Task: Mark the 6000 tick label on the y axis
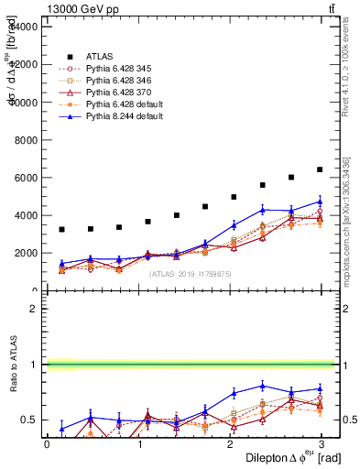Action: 25,178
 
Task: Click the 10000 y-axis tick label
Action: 22,103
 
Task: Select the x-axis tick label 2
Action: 229,443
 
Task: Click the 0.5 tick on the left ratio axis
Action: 27,420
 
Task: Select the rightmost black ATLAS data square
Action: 320,169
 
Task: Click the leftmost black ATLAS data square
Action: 61,229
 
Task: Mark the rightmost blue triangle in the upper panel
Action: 320,202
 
